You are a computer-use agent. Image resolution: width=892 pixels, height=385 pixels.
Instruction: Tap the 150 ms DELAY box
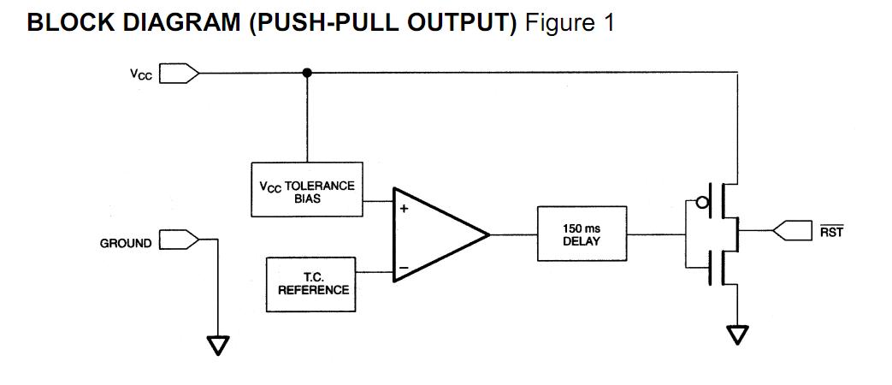[x=581, y=234]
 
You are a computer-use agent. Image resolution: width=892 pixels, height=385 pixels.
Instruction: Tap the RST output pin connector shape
[x=792, y=230]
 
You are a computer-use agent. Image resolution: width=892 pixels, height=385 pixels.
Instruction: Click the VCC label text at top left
[x=141, y=74]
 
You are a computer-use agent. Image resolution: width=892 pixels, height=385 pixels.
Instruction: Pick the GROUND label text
[x=126, y=243]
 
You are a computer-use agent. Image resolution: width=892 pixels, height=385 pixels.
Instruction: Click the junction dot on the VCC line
[x=307, y=73]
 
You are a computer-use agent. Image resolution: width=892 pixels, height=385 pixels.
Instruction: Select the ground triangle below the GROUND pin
[x=218, y=345]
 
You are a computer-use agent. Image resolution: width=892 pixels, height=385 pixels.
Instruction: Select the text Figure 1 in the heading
[x=570, y=23]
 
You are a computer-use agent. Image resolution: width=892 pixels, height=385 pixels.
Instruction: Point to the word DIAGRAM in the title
[x=177, y=23]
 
